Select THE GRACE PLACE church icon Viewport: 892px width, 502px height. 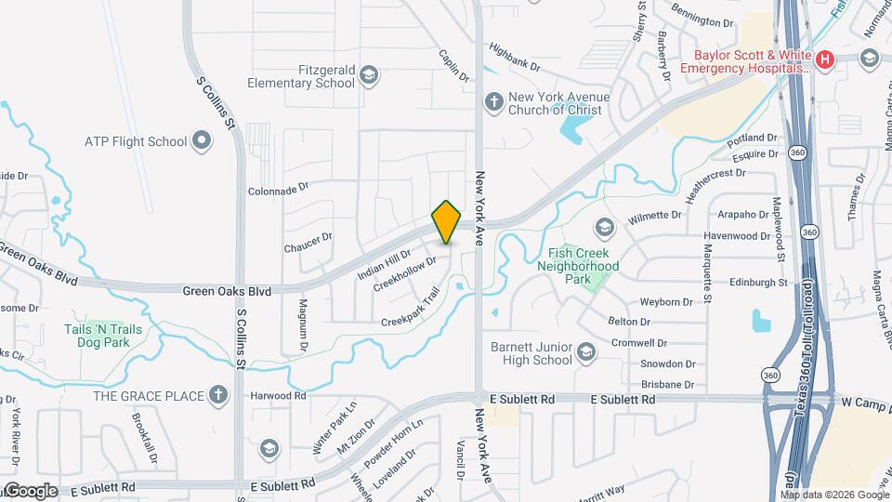218,395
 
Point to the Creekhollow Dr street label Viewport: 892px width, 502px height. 404,274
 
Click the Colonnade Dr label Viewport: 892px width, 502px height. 277,189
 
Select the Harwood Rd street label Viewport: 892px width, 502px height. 278,395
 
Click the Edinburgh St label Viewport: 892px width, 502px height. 758,282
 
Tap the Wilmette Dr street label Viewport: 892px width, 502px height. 655,215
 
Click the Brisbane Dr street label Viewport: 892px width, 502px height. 667,384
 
